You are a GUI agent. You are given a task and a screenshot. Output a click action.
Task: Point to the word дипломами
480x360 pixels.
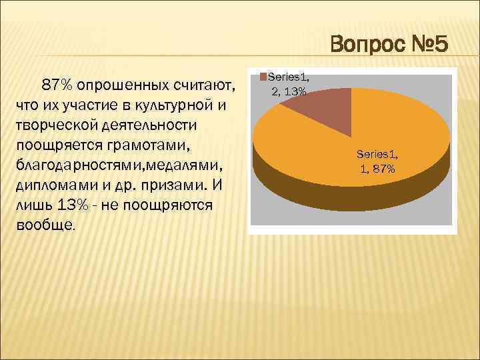50,185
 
